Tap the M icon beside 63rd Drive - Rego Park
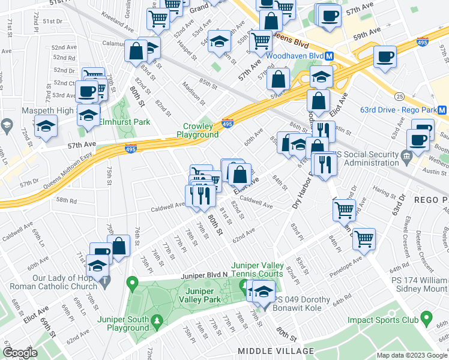(x=442, y=110)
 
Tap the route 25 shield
(x=399, y=96)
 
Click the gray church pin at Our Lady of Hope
(x=106, y=280)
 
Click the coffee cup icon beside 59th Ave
(x=384, y=58)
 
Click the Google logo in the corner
(x=20, y=353)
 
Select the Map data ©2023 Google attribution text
(x=411, y=355)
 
